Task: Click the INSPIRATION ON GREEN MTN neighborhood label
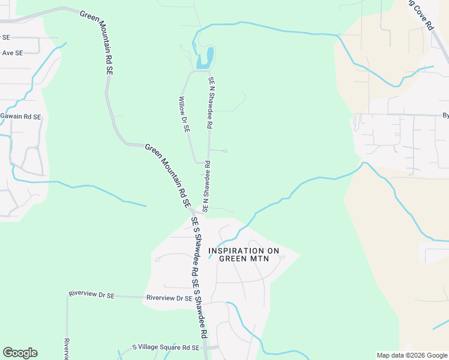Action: (x=244, y=254)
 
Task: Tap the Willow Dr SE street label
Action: (x=185, y=114)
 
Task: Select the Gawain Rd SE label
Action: (x=21, y=116)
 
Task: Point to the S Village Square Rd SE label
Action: (x=166, y=348)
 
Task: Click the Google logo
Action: (x=20, y=353)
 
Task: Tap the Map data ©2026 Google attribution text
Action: (x=412, y=355)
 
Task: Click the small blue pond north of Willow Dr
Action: (x=204, y=58)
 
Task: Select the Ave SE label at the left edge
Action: (x=12, y=53)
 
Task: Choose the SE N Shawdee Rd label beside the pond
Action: (x=211, y=103)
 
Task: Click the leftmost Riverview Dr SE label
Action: (x=92, y=294)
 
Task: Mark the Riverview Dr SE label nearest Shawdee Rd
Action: (x=169, y=298)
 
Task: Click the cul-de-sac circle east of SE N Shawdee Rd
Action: (x=225, y=151)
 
